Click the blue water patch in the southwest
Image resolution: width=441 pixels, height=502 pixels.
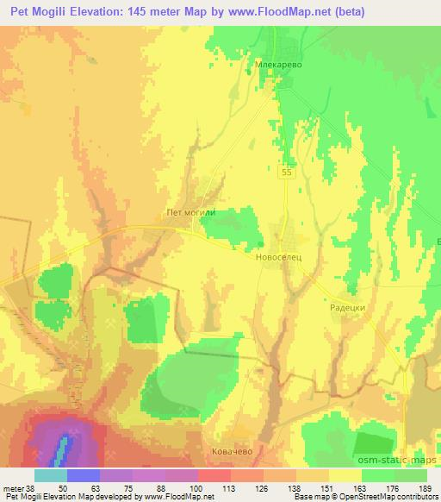click(x=62, y=446)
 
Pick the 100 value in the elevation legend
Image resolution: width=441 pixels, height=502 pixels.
click(x=182, y=488)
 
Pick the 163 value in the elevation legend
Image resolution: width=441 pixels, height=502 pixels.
click(x=345, y=488)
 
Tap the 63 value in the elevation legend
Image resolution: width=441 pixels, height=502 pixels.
click(x=84, y=488)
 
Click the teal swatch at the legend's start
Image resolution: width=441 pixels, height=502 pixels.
click(x=51, y=475)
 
